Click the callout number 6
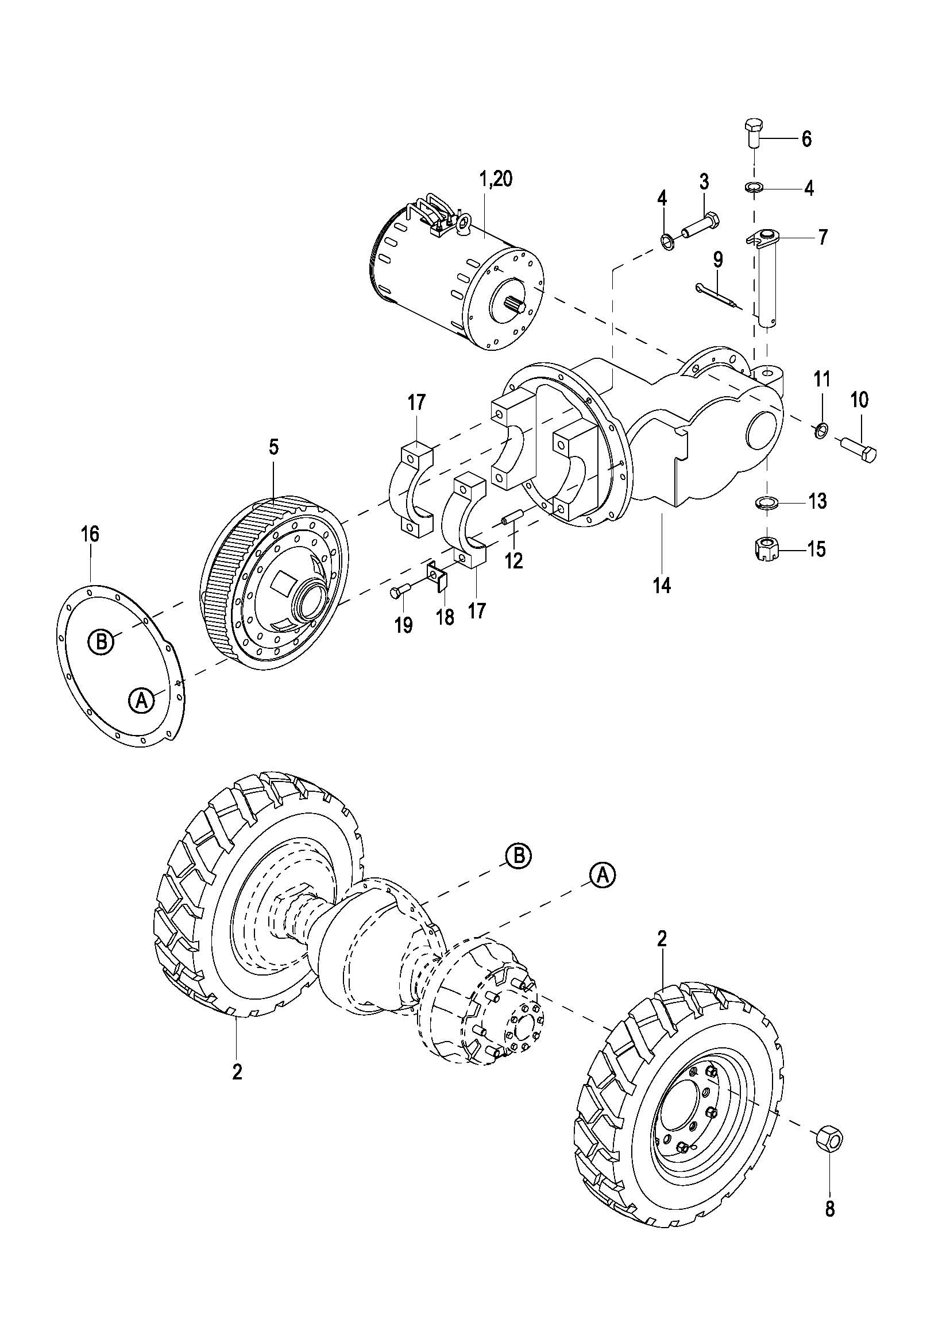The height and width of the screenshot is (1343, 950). [806, 139]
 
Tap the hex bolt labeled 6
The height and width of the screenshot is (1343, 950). [754, 134]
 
